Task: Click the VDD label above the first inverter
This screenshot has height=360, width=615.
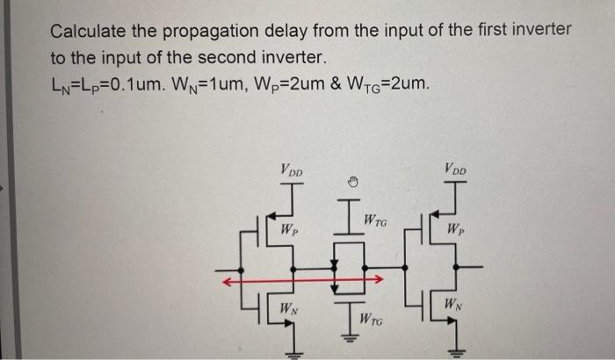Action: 293,169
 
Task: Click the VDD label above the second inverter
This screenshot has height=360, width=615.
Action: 456,169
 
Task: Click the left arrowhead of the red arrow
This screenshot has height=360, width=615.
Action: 225,282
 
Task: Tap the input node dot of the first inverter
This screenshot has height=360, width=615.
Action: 242,264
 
